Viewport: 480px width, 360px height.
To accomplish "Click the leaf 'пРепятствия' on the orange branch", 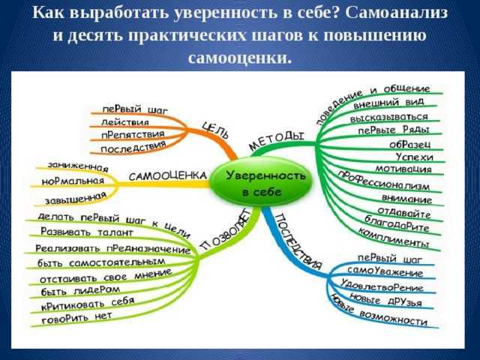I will tap(133, 134).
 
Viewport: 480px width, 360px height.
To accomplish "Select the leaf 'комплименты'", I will tap(394, 238).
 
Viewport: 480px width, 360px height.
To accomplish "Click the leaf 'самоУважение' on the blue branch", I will tap(385, 271).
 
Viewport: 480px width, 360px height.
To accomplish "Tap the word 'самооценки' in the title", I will tap(239, 56).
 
